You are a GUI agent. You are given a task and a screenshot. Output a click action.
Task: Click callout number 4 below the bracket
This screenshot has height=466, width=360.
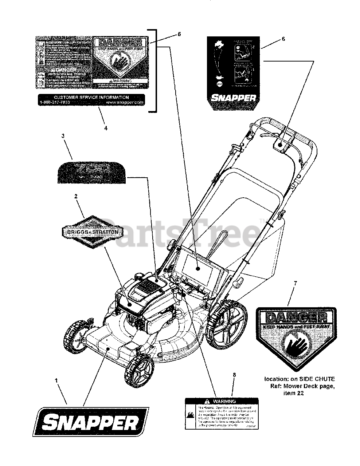(106, 128)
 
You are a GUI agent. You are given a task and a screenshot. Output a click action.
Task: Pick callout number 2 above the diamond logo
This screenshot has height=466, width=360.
(76, 196)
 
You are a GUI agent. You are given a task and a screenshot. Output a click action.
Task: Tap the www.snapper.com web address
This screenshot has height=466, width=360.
(125, 103)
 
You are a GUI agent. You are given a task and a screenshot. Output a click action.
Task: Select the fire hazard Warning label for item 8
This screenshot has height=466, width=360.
(222, 413)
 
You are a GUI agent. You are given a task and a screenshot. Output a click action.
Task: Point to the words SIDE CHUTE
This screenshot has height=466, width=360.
(318, 379)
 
